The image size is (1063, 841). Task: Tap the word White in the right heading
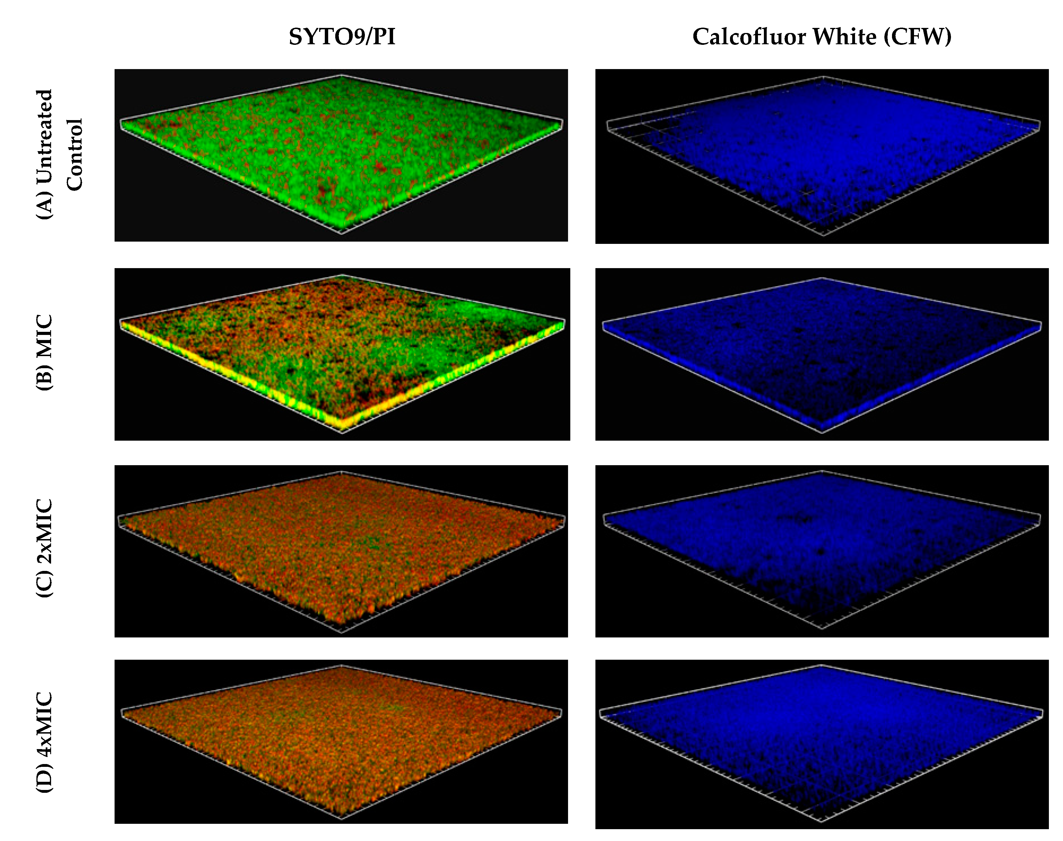pyautogui.click(x=844, y=37)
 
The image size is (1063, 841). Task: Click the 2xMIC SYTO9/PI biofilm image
pyautogui.click(x=341, y=551)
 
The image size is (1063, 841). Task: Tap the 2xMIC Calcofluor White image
pyautogui.click(x=821, y=551)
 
